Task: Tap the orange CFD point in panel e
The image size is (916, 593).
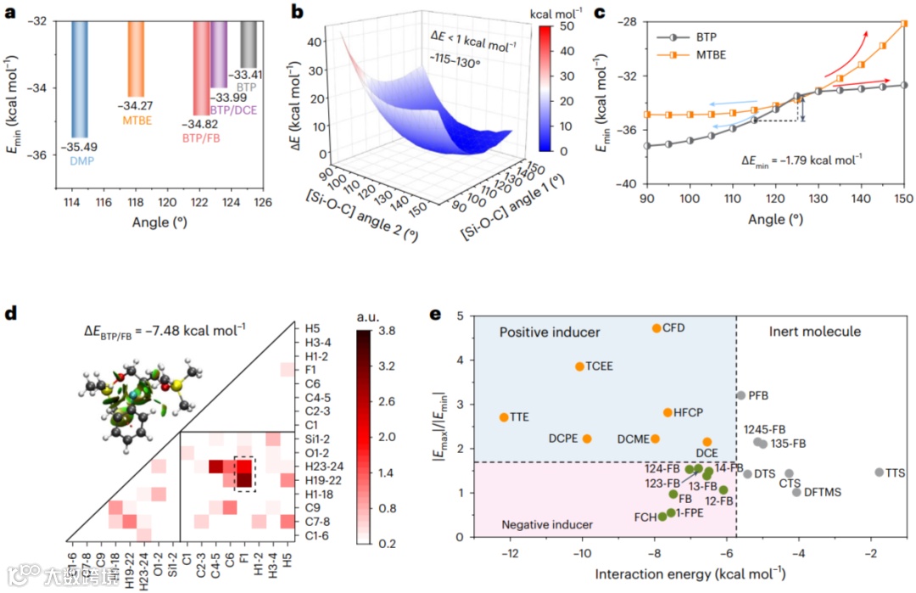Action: coord(656,328)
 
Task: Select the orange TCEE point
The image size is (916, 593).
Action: coord(579,366)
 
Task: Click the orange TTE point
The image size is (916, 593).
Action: coord(504,417)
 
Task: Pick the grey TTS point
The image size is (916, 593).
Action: coord(879,473)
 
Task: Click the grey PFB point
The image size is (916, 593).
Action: coord(741,395)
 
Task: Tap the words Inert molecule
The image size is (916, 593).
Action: coord(815,332)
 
